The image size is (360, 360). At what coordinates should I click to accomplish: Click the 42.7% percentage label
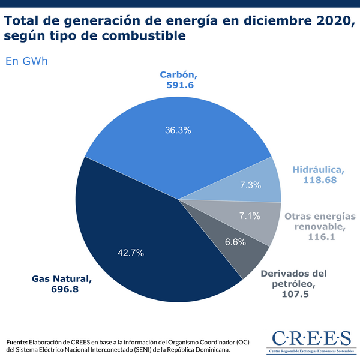pos(131,253)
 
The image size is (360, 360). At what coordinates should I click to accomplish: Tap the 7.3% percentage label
pos(250,185)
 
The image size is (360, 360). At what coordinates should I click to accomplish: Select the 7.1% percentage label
pos(249,215)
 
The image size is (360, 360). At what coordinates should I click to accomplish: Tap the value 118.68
pos(319,179)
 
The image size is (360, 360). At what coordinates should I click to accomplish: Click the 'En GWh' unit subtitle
pos(26,61)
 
